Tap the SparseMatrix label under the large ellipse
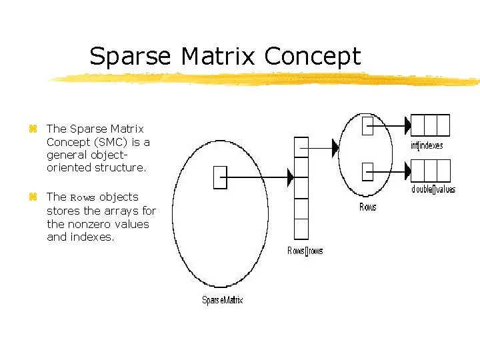pos(223,300)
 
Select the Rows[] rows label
pos(305,251)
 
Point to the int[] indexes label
pos(427,145)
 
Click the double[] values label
pos(433,189)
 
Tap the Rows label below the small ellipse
pos(367,207)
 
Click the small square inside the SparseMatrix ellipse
pos(220,177)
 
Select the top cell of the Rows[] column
pos(301,147)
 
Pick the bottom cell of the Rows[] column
pos(301,229)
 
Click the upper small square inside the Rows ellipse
pos(367,125)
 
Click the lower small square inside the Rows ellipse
pos(367,171)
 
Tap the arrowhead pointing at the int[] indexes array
pos(406,125)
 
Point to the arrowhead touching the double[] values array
pos(406,171)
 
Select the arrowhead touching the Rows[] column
pos(290,177)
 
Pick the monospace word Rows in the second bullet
pos(83,197)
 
